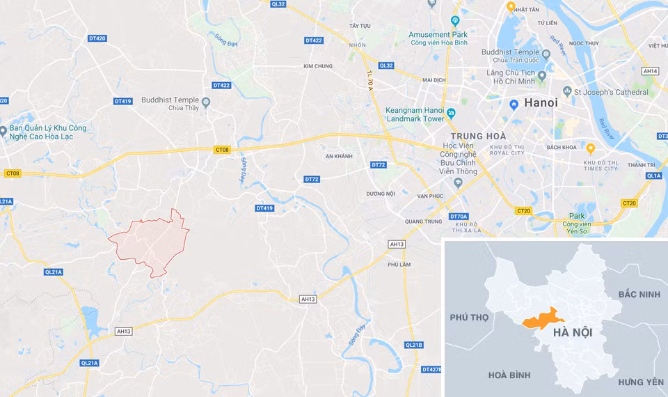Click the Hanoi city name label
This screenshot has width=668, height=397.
point(541,102)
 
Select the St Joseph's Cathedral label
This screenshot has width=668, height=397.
point(611,92)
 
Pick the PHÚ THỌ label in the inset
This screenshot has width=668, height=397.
point(470,317)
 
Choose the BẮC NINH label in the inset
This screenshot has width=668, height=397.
point(639,295)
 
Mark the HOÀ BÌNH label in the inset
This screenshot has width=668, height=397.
point(509,375)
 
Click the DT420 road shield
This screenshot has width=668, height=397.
point(97,38)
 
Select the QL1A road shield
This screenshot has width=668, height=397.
point(653,176)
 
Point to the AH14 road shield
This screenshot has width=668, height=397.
point(651,71)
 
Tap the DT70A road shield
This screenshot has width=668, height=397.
point(459,217)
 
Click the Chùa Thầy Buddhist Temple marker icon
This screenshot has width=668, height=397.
point(206,103)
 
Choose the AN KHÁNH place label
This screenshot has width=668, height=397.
point(340,156)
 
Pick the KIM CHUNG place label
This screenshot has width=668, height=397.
point(318,66)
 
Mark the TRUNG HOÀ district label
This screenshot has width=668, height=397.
point(478,136)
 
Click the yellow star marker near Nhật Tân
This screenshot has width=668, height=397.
point(511,7)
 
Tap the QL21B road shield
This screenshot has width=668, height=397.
point(413,345)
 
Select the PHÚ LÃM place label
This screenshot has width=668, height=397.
point(399,264)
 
